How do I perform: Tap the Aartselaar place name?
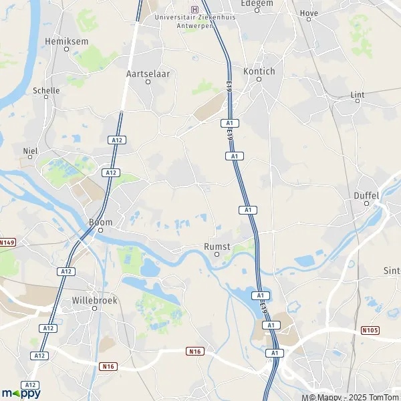tap(147, 74)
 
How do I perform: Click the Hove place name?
tap(309, 13)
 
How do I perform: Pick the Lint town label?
tap(358, 95)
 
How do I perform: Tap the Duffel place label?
tap(366, 196)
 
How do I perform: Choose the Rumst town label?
tap(217, 247)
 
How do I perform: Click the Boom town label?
tap(100, 222)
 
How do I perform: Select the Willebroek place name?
tap(94, 301)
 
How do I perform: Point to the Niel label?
tap(30, 151)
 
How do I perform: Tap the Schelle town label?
tap(46, 90)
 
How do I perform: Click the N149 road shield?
tap(7, 242)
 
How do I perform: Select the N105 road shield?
tap(369, 330)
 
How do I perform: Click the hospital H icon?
tap(194, 9)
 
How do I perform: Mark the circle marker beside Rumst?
tap(217, 255)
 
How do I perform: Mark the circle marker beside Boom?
tap(100, 231)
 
